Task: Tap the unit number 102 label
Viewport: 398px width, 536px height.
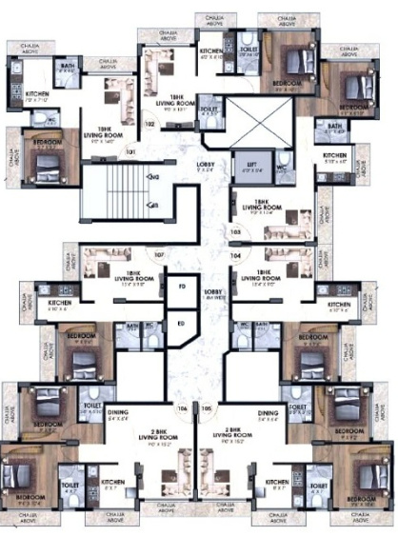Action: pyautogui.click(x=149, y=124)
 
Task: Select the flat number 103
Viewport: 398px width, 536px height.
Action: pyautogui.click(x=234, y=231)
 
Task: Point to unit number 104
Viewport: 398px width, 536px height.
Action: pyautogui.click(x=234, y=255)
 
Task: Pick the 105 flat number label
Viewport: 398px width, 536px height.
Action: pyautogui.click(x=208, y=407)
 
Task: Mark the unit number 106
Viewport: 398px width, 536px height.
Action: pyautogui.click(x=182, y=407)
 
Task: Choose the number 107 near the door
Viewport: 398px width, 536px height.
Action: pyautogui.click(x=160, y=255)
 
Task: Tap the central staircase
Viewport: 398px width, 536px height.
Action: pyautogui.click(x=112, y=190)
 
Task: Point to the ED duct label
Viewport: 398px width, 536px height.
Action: pyautogui.click(x=181, y=324)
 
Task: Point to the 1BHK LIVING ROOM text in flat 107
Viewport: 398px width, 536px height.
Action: pyautogui.click(x=128, y=278)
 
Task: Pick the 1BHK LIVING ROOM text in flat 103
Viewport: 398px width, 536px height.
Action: pyautogui.click(x=259, y=210)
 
